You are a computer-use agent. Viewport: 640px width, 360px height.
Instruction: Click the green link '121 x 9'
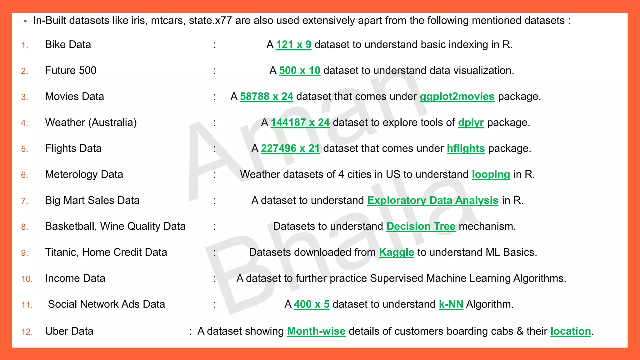click(293, 45)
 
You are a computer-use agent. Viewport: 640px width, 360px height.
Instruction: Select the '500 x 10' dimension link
click(299, 71)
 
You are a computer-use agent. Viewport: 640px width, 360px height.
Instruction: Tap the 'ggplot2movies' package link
click(457, 97)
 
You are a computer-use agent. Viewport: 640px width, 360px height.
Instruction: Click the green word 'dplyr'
click(471, 122)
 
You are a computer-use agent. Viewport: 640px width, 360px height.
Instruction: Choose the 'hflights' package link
click(466, 148)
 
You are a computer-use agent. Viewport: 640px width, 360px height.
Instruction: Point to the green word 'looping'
click(491, 174)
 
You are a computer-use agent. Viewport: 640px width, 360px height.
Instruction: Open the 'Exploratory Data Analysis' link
click(432, 200)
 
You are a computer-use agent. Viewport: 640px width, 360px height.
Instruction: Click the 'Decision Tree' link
click(421, 226)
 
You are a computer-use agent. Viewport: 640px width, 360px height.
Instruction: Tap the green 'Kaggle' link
click(396, 252)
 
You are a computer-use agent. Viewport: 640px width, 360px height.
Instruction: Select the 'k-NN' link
click(451, 304)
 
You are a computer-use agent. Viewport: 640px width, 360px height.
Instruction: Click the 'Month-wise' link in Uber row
click(316, 331)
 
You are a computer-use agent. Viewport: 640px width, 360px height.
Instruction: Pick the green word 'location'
click(570, 331)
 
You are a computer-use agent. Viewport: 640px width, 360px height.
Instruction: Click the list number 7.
click(25, 201)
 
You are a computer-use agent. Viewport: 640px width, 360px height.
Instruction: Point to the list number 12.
click(27, 332)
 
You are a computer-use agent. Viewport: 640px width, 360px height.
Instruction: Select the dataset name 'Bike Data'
click(68, 45)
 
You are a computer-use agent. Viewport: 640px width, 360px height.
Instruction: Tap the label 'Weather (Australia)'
click(91, 122)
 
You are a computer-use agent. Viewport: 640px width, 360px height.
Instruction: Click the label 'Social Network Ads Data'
click(106, 304)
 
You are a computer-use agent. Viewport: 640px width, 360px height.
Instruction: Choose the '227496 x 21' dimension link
click(290, 148)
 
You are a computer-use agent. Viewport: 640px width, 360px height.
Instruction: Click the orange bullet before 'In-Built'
click(25, 21)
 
